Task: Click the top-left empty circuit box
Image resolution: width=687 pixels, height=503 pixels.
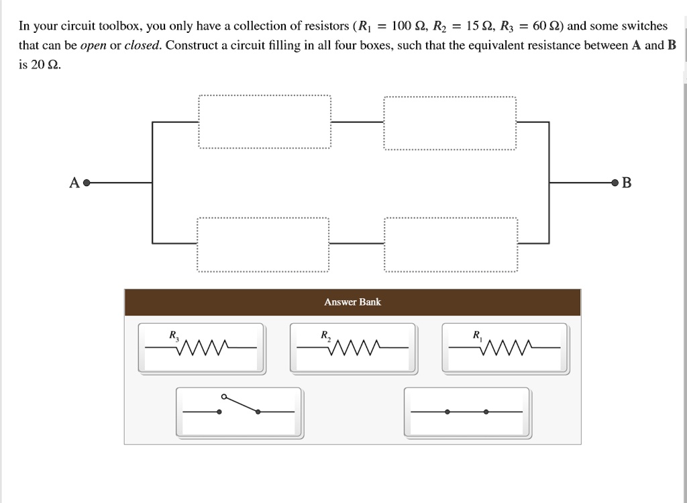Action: (264, 122)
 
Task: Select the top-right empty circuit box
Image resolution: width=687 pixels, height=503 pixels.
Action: (450, 122)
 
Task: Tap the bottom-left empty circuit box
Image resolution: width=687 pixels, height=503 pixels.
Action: (263, 244)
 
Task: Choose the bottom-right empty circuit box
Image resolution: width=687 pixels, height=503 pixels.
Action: (451, 244)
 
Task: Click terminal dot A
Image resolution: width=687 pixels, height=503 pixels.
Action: (86, 182)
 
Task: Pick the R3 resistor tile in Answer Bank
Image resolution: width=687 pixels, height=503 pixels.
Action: (201, 348)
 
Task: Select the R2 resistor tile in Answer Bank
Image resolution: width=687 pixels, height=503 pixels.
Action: (353, 348)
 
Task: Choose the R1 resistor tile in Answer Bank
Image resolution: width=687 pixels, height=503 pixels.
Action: (505, 348)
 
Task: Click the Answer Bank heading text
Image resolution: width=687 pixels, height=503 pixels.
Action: (352, 302)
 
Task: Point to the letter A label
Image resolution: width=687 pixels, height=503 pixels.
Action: (74, 182)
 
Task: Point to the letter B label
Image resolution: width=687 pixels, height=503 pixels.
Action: (627, 182)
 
